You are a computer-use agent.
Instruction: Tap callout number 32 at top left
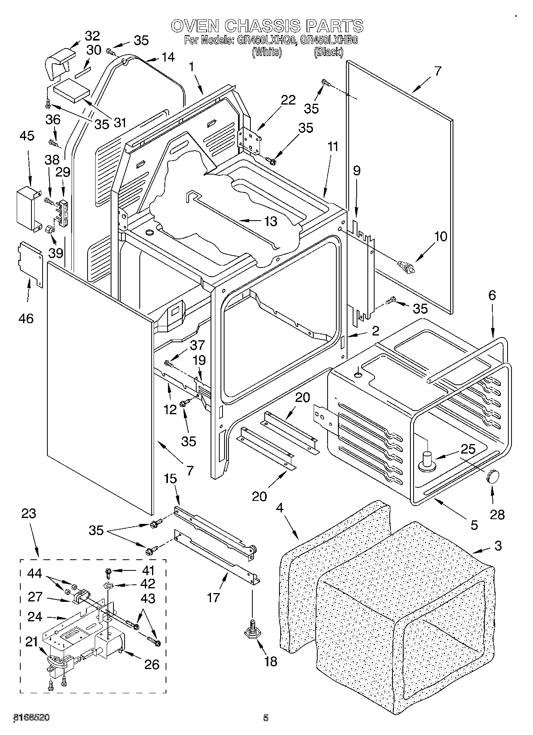click(92, 36)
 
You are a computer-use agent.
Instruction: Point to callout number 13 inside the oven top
click(271, 221)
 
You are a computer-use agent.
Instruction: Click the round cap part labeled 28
click(493, 476)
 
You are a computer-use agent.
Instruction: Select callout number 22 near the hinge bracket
click(288, 100)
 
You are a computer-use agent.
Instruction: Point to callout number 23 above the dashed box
click(28, 514)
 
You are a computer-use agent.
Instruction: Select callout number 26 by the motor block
click(152, 664)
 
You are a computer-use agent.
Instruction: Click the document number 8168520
click(32, 718)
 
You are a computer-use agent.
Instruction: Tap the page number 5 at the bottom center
click(266, 718)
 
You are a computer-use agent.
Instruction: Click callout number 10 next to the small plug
click(440, 237)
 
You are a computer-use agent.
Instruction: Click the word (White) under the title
click(267, 52)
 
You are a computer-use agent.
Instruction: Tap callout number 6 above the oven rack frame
click(492, 295)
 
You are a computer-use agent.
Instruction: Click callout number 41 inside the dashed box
click(148, 571)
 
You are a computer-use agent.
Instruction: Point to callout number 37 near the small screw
click(197, 345)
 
